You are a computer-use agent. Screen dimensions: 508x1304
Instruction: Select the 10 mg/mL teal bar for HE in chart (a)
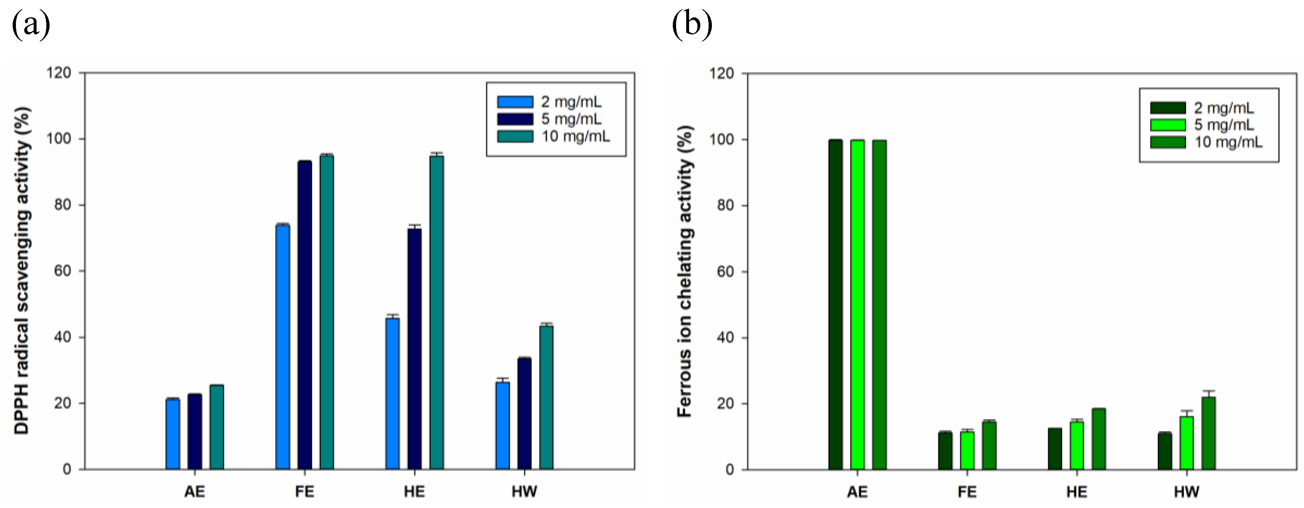coord(436,312)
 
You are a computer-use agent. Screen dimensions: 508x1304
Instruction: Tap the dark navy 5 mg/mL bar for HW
coord(524,413)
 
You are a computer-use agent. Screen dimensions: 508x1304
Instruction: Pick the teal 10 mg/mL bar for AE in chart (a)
coord(217,427)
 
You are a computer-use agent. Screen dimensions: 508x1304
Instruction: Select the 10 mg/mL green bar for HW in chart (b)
coord(1209,433)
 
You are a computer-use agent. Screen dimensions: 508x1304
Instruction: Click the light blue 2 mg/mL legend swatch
coord(515,102)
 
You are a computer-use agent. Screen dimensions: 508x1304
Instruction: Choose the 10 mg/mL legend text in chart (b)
coord(1228,142)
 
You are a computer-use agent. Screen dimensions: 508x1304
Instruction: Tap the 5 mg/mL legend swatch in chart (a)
coord(515,119)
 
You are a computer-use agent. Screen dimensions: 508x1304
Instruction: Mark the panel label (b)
coord(692,25)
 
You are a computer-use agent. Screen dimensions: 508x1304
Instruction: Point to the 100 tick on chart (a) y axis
coord(59,139)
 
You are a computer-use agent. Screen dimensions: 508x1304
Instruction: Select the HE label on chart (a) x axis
coord(414,491)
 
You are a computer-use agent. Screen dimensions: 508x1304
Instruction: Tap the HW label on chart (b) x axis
coord(1186,491)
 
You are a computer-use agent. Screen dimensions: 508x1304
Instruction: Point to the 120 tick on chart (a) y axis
coord(59,73)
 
